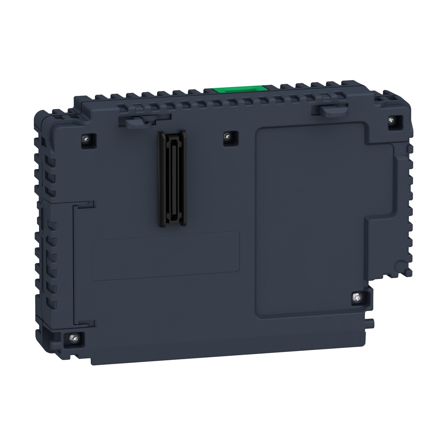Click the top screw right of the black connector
228,136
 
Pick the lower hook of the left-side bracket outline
86,322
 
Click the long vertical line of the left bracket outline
74,262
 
